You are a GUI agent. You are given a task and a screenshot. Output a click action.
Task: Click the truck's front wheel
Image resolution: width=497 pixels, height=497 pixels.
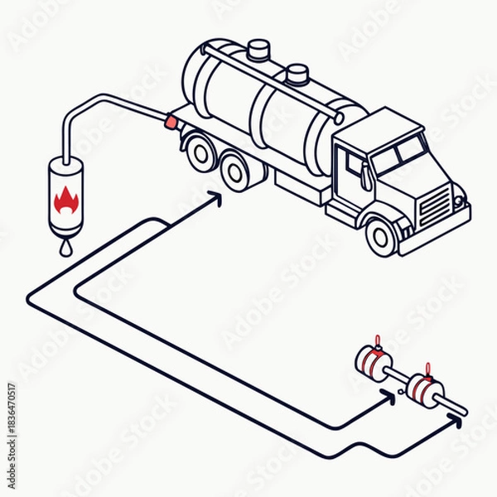380,237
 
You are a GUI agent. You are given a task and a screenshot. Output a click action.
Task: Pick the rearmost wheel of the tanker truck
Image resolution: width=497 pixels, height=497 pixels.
200,152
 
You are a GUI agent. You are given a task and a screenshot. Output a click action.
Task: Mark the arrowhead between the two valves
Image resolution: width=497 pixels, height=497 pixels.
389,395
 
